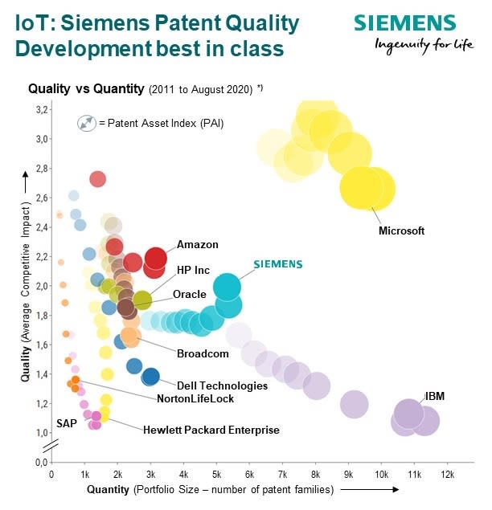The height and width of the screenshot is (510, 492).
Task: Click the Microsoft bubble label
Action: pyautogui.click(x=401, y=231)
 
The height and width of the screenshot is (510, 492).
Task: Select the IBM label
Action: pyautogui.click(x=435, y=397)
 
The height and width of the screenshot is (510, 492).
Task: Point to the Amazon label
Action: pyautogui.click(x=197, y=245)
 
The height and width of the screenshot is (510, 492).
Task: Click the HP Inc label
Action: pyautogui.click(x=193, y=271)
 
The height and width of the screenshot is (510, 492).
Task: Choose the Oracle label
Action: pyautogui.click(x=190, y=295)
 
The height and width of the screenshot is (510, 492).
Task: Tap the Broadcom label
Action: pyautogui.click(x=203, y=353)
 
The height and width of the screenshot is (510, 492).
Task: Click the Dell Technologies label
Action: pyautogui.click(x=222, y=386)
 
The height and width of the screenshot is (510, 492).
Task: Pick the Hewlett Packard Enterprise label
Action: pyautogui.click(x=211, y=430)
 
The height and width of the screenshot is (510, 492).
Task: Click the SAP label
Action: pyautogui.click(x=66, y=423)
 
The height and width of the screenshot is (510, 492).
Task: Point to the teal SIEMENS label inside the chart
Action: pyautogui.click(x=278, y=263)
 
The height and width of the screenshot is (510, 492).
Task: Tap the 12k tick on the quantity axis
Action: pyautogui.click(x=447, y=475)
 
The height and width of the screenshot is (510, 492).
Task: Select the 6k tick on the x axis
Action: pyautogui.click(x=249, y=475)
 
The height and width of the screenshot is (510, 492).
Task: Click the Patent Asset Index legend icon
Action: pyautogui.click(x=86, y=124)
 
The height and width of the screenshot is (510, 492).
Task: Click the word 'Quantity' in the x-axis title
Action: pyautogui.click(x=109, y=489)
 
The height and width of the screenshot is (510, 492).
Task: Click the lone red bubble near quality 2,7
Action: pyautogui.click(x=97, y=179)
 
